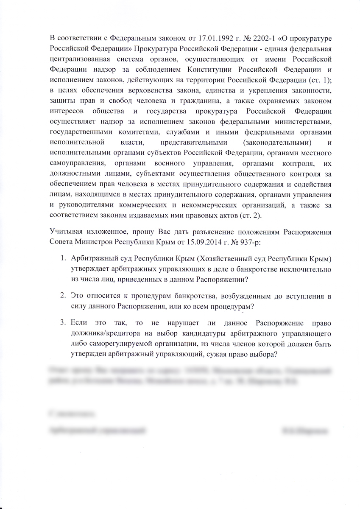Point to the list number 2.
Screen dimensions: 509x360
[x=62, y=295]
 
